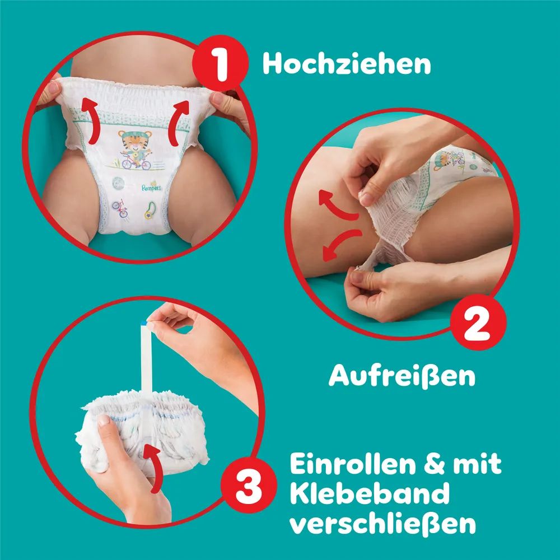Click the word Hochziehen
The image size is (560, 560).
(347, 64)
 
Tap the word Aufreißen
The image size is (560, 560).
(402, 376)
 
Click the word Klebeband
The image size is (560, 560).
(369, 493)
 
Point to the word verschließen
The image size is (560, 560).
(382, 523)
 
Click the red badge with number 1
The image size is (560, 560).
(220, 63)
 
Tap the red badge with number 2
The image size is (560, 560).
(478, 321)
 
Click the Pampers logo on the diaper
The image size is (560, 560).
(151, 187)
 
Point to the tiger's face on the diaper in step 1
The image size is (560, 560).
(135, 140)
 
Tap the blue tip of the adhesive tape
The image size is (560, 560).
(144, 324)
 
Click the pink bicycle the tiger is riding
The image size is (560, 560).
(136, 163)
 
